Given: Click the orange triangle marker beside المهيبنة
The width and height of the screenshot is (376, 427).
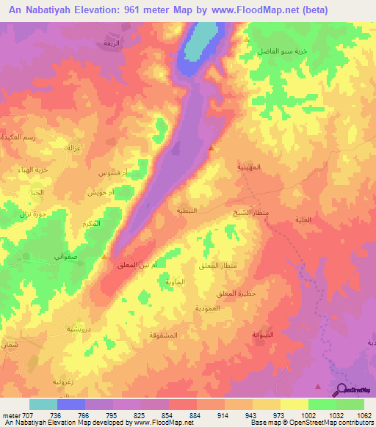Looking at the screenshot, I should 211,147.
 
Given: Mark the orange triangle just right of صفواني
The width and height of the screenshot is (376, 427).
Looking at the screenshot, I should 105,257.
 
